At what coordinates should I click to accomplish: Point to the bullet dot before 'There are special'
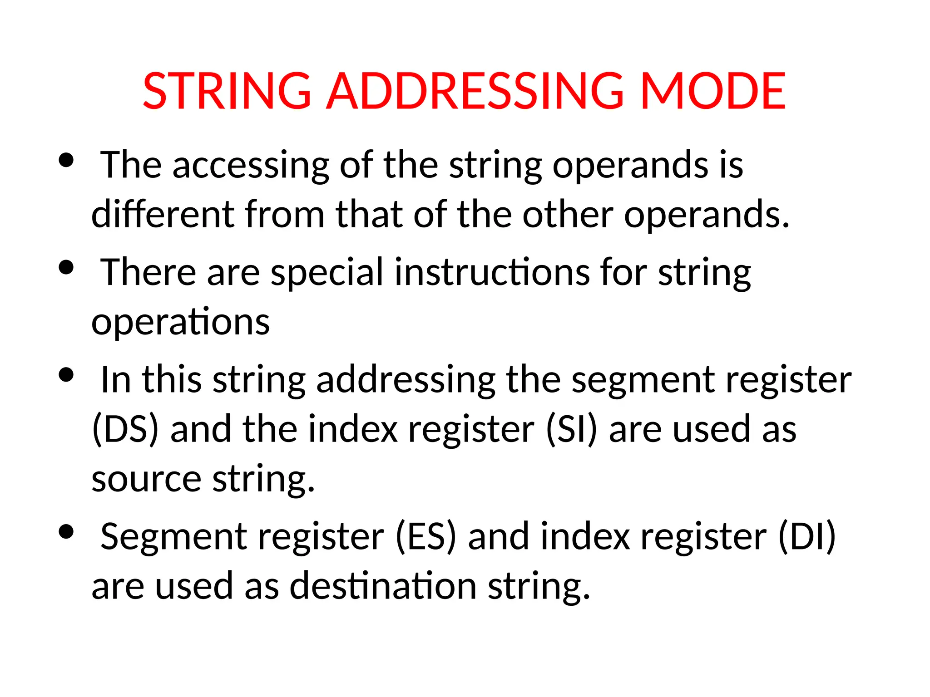(66, 267)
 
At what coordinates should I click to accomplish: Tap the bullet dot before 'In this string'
(66, 375)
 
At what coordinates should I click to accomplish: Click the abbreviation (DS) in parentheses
(126, 429)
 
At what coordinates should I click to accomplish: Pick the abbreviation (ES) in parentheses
(425, 536)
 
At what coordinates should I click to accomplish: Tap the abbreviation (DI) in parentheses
(807, 536)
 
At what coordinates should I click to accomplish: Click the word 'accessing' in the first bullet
(251, 166)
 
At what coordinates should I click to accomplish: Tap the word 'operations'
(180, 322)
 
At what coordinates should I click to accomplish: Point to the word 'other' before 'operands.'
(568, 214)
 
